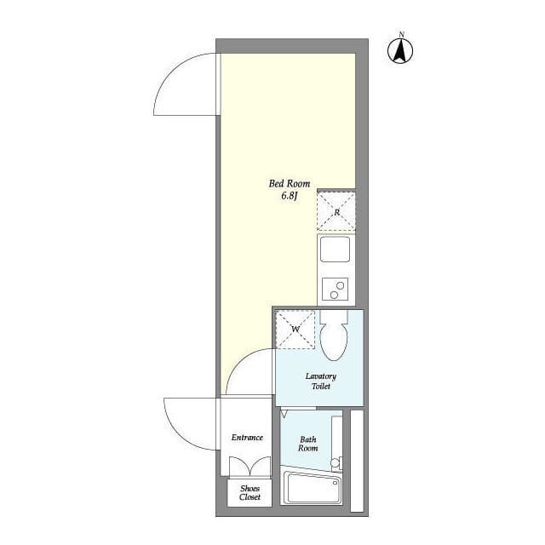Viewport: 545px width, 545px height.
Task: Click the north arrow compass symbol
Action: [x=400, y=51]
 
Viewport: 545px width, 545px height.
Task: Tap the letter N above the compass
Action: [x=402, y=34]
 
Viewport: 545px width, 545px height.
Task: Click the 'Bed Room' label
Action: [x=290, y=184]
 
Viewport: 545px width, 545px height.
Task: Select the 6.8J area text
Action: [x=290, y=196]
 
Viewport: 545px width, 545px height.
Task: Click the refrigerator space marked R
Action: [x=336, y=212]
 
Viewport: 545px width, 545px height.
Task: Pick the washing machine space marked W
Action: [x=295, y=330]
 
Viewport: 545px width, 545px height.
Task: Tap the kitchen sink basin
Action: [x=335, y=250]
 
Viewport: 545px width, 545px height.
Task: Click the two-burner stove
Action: [x=335, y=290]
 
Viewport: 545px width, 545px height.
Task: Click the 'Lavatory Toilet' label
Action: [x=321, y=381]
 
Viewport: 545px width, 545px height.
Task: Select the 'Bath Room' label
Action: [x=308, y=444]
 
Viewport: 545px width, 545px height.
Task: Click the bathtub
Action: [x=312, y=487]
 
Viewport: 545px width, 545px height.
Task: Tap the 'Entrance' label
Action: [x=247, y=437]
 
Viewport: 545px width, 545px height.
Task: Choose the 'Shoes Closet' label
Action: [x=250, y=492]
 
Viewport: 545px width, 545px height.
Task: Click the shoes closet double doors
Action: [x=250, y=467]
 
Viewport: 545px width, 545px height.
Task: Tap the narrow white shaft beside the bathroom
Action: [x=357, y=461]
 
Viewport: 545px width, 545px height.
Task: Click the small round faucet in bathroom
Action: [x=335, y=463]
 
